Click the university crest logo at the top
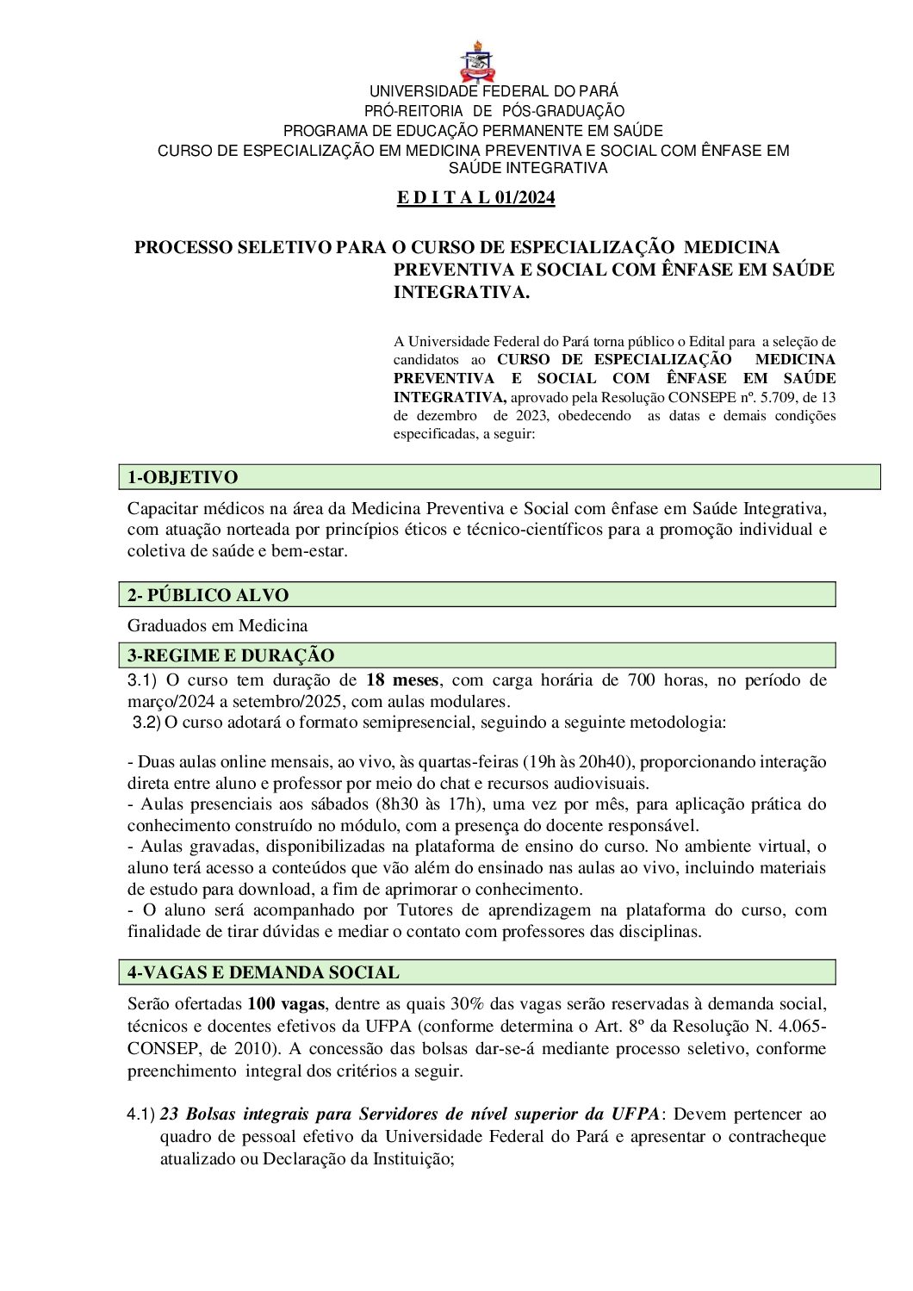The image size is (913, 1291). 477,61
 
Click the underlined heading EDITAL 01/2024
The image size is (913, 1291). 475,198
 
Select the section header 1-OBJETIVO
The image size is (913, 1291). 183,477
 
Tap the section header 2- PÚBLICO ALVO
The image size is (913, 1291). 208,595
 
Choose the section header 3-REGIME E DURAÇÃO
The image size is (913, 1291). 231,655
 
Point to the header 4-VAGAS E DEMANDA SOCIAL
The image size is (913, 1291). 264,972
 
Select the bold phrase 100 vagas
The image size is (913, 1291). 286,1004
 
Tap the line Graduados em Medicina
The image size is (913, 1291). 217,625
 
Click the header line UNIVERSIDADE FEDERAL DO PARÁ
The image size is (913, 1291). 494,91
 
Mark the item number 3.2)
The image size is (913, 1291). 146,723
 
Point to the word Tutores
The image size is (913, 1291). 427,910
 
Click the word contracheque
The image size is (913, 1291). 776,1137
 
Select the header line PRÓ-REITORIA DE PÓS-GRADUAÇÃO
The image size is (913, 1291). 494,111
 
